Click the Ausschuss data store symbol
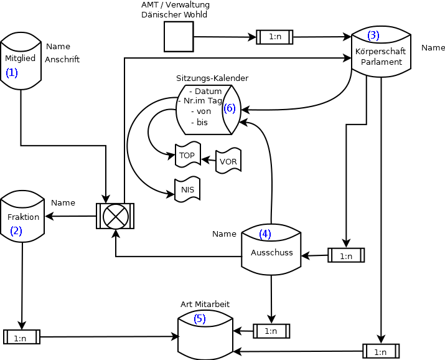coord(271,249)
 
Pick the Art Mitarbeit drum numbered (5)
coord(205,334)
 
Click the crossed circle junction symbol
coord(115,216)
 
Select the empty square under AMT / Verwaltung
coord(179,37)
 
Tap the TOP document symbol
coord(187,155)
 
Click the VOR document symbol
coord(228,161)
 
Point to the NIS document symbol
coord(187,189)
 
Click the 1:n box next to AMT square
coord(274,37)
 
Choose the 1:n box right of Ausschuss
coord(346,255)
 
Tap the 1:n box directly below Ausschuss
coord(271,331)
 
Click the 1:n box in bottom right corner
coord(380,351)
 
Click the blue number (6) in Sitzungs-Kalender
coord(230,108)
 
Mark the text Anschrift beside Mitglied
coord(62,60)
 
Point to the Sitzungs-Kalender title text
coord(212,78)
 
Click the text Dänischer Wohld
coord(174,14)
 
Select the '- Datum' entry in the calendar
coord(205,91)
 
